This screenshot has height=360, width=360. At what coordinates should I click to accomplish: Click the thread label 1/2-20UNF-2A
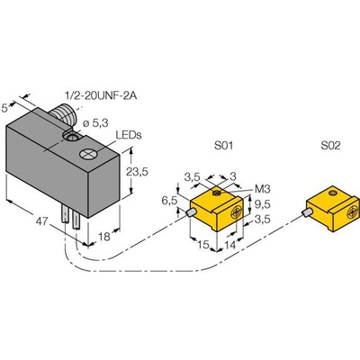click(101, 95)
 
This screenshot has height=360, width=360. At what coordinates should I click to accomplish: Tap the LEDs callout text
click(129, 135)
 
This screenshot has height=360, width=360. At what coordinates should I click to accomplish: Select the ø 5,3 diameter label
click(96, 123)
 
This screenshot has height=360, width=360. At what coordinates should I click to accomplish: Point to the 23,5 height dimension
click(137, 172)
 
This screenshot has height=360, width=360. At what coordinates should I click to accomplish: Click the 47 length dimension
click(42, 221)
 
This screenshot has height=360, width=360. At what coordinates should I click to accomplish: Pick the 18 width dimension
click(104, 237)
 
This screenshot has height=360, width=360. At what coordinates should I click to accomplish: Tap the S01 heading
click(223, 146)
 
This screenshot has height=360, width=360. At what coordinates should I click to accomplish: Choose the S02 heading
click(331, 146)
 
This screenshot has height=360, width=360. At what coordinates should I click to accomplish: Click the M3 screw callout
click(263, 189)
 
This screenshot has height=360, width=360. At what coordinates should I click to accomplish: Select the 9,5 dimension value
click(263, 204)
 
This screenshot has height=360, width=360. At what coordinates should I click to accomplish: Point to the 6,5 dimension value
click(170, 201)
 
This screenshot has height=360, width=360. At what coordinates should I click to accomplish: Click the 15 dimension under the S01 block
click(203, 245)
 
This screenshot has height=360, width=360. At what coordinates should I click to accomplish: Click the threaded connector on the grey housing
click(64, 113)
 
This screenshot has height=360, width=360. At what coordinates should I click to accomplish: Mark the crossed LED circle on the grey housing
click(88, 154)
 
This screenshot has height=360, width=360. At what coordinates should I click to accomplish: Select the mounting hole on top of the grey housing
click(71, 138)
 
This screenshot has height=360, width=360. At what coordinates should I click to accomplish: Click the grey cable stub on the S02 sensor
click(306, 213)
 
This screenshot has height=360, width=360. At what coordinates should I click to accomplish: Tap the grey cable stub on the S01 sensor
click(191, 212)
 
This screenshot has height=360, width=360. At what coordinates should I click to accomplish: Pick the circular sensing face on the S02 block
click(353, 213)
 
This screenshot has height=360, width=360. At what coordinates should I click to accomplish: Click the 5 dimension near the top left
click(5, 108)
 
